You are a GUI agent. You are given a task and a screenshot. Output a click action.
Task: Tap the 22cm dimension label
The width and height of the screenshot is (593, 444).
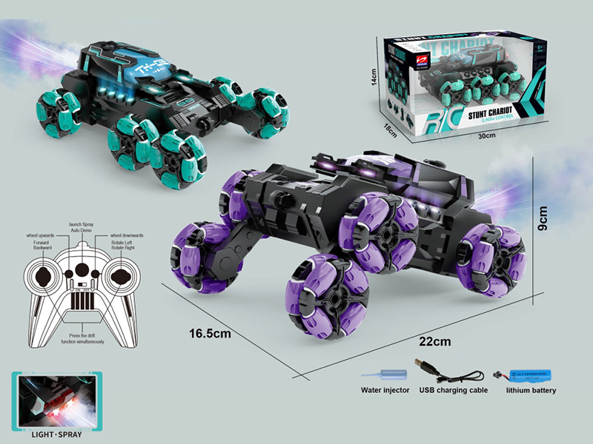coord(435,342)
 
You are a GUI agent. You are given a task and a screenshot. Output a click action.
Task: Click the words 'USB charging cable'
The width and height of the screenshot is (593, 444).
coord(454,390)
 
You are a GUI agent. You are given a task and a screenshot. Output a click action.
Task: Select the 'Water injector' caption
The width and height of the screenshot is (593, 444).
coord(385,390)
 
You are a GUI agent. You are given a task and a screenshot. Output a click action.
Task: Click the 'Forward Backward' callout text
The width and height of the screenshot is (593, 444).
coord(42,244)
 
